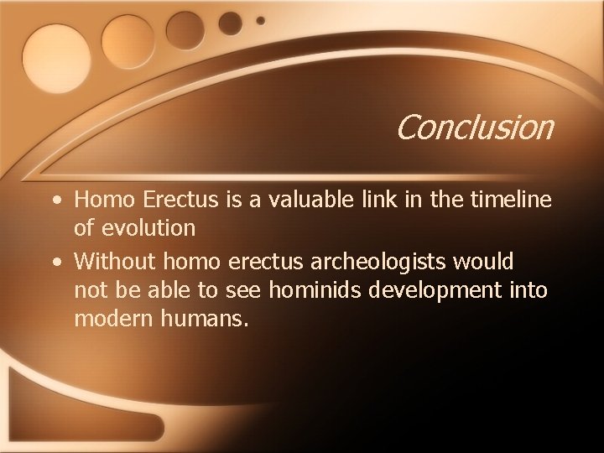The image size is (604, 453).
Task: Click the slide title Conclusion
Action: click(x=474, y=128)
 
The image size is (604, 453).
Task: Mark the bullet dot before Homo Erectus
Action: click(x=55, y=200)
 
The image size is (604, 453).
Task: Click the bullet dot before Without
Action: click(x=55, y=262)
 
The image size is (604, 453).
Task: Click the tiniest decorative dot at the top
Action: click(x=260, y=19)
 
